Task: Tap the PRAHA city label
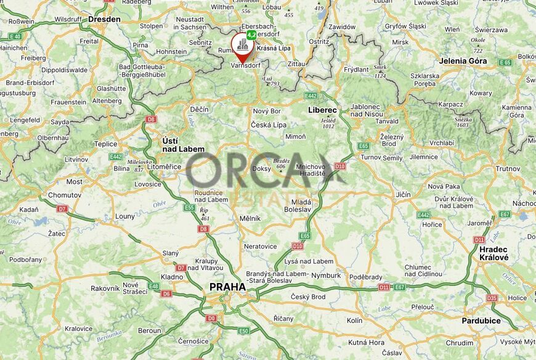click(x=227, y=287)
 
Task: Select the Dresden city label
click(x=104, y=19)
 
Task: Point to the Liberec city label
click(x=322, y=110)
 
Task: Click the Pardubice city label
click(x=481, y=321)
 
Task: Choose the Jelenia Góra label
click(x=463, y=61)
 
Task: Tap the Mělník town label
click(x=250, y=218)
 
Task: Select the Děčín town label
click(x=199, y=108)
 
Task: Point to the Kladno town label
click(x=172, y=277)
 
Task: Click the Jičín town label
click(x=403, y=194)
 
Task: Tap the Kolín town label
click(x=354, y=321)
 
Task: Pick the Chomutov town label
click(x=64, y=195)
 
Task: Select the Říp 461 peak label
click(x=205, y=214)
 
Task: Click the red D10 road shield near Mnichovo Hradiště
click(x=339, y=166)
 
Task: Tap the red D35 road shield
click(x=492, y=298)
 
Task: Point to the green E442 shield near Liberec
click(x=311, y=96)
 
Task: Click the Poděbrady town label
click(x=365, y=277)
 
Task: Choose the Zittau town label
click(x=296, y=63)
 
